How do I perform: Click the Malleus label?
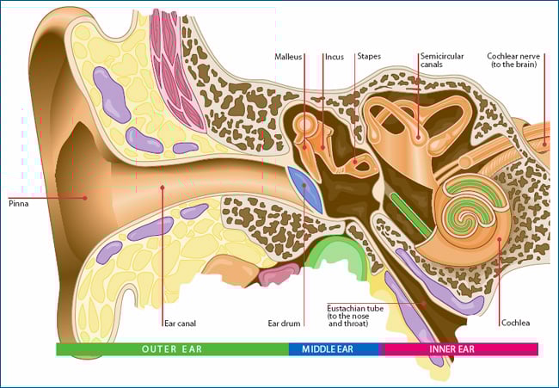pos(288,57)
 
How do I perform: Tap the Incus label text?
pos(335,57)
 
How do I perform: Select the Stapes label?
pos(369,56)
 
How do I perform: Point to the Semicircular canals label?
pos(442,60)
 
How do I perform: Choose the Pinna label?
pos(19,204)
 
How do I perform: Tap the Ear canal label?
pos(180,323)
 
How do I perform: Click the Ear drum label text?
pos(284,323)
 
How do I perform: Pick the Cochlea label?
pos(515,323)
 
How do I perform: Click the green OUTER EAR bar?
pos(172,349)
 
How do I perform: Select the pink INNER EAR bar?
pos(460,349)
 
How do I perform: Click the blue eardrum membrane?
pos(305,189)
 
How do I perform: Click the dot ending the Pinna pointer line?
pos(85,198)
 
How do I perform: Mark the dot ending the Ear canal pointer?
pos(163,187)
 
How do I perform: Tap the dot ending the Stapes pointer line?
pos(355,162)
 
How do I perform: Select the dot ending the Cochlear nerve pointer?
pos(544,144)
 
